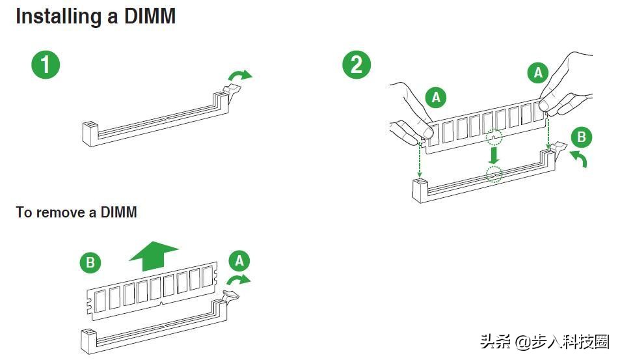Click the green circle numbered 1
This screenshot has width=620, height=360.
(x=46, y=66)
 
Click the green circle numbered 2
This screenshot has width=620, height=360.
(x=357, y=65)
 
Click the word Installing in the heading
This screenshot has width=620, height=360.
(x=57, y=16)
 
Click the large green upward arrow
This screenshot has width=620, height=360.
(x=154, y=255)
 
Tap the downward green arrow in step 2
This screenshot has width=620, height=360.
(x=494, y=154)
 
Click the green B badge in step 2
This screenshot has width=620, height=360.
(x=581, y=137)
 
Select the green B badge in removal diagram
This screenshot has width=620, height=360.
(x=90, y=262)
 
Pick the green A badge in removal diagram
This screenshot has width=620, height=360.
(x=239, y=262)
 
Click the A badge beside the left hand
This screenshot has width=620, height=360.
(x=436, y=98)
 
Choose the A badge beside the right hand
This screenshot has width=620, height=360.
(x=537, y=73)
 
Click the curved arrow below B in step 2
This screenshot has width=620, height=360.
(x=578, y=158)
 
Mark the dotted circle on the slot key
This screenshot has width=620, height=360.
(x=494, y=174)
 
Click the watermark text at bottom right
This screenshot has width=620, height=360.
(x=544, y=341)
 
